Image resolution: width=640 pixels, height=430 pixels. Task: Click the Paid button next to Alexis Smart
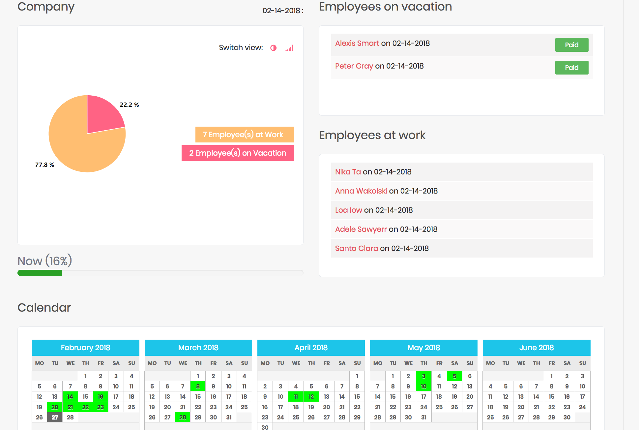click(x=571, y=45)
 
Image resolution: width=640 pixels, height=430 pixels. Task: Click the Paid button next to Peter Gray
click(x=571, y=68)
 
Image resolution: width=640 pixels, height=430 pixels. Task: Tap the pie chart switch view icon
click(x=273, y=48)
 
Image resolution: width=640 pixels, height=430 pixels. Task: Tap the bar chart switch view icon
click(x=289, y=48)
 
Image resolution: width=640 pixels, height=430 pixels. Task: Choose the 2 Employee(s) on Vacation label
click(x=238, y=153)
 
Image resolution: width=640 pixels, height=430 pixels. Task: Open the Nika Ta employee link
click(x=348, y=172)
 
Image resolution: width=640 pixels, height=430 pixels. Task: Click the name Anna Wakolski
click(x=361, y=191)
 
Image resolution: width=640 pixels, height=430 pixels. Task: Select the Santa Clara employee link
click(x=356, y=248)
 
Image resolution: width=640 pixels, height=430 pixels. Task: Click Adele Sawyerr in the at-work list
click(x=361, y=229)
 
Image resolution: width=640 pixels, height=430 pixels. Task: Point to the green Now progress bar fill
click(x=40, y=273)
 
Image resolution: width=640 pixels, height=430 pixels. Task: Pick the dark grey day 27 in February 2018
click(x=55, y=417)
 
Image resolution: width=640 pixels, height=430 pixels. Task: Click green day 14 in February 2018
click(x=70, y=396)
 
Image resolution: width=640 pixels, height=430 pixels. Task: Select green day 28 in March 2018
click(x=183, y=417)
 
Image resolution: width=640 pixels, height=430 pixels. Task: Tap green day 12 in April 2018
click(x=311, y=396)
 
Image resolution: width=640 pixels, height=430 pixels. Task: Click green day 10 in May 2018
click(x=423, y=386)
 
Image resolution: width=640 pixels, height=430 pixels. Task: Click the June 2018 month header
click(x=536, y=348)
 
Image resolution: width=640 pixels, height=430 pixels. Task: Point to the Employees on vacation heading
click(x=385, y=7)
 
